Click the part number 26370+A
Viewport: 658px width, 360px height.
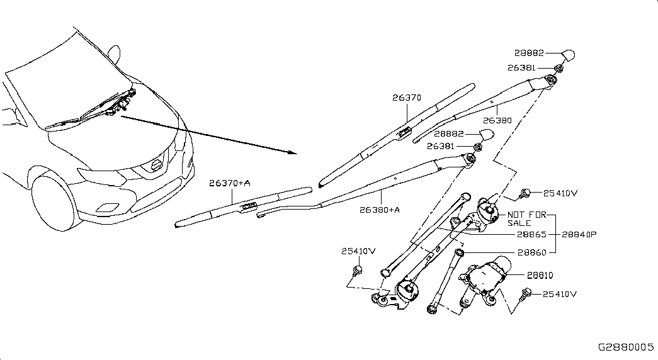coord(230,183)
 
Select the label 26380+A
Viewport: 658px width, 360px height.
coord(379,210)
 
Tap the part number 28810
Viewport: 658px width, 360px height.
coord(540,275)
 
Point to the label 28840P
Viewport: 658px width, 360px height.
coord(579,235)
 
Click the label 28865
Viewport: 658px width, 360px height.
coord(531,235)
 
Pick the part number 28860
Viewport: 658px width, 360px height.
coord(531,252)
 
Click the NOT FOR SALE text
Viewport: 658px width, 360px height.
coord(526,218)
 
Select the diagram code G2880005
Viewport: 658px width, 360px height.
coord(626,347)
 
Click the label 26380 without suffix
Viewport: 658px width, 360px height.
coord(497,120)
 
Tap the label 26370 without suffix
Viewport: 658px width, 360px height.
coord(407,98)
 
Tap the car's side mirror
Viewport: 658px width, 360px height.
coord(114,53)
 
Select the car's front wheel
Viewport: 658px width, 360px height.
coord(52,202)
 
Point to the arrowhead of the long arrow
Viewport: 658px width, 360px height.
coord(293,152)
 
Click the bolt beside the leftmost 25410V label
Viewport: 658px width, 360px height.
coord(358,270)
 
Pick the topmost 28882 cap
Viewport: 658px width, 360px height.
coord(567,55)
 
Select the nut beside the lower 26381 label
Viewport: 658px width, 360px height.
coord(477,147)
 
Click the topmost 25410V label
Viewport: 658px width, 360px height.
coord(560,193)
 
